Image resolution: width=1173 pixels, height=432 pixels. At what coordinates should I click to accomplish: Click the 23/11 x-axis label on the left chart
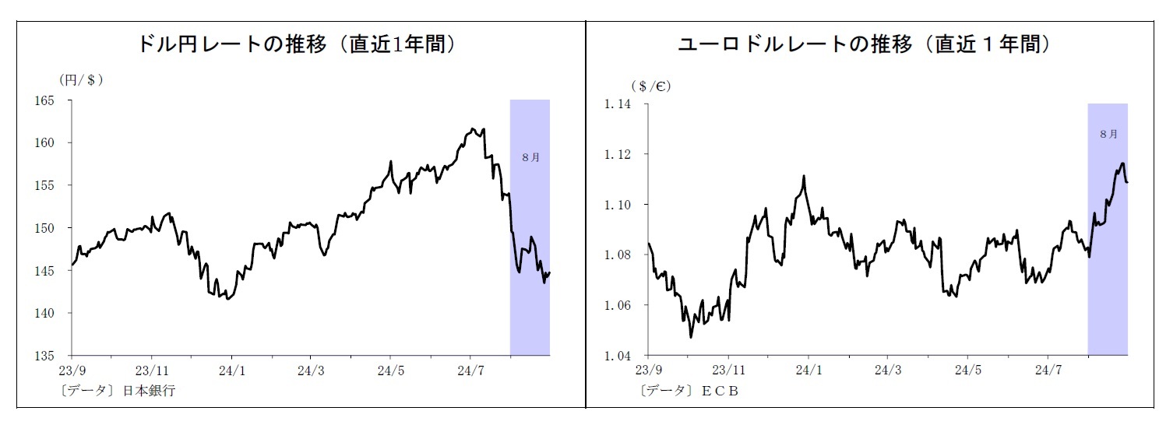[153, 370]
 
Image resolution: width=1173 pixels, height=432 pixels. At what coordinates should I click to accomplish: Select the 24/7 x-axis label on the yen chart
[470, 370]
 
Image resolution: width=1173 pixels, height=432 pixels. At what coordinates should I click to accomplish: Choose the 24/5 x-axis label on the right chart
[967, 370]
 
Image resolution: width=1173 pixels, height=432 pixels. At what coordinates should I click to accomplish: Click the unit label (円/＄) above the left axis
[81, 79]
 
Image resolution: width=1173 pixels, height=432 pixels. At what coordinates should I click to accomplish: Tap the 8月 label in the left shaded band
[530, 156]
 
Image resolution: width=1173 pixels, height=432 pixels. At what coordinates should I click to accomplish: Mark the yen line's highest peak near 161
[474, 128]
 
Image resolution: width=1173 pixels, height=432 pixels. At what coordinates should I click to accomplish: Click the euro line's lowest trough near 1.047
[690, 337]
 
